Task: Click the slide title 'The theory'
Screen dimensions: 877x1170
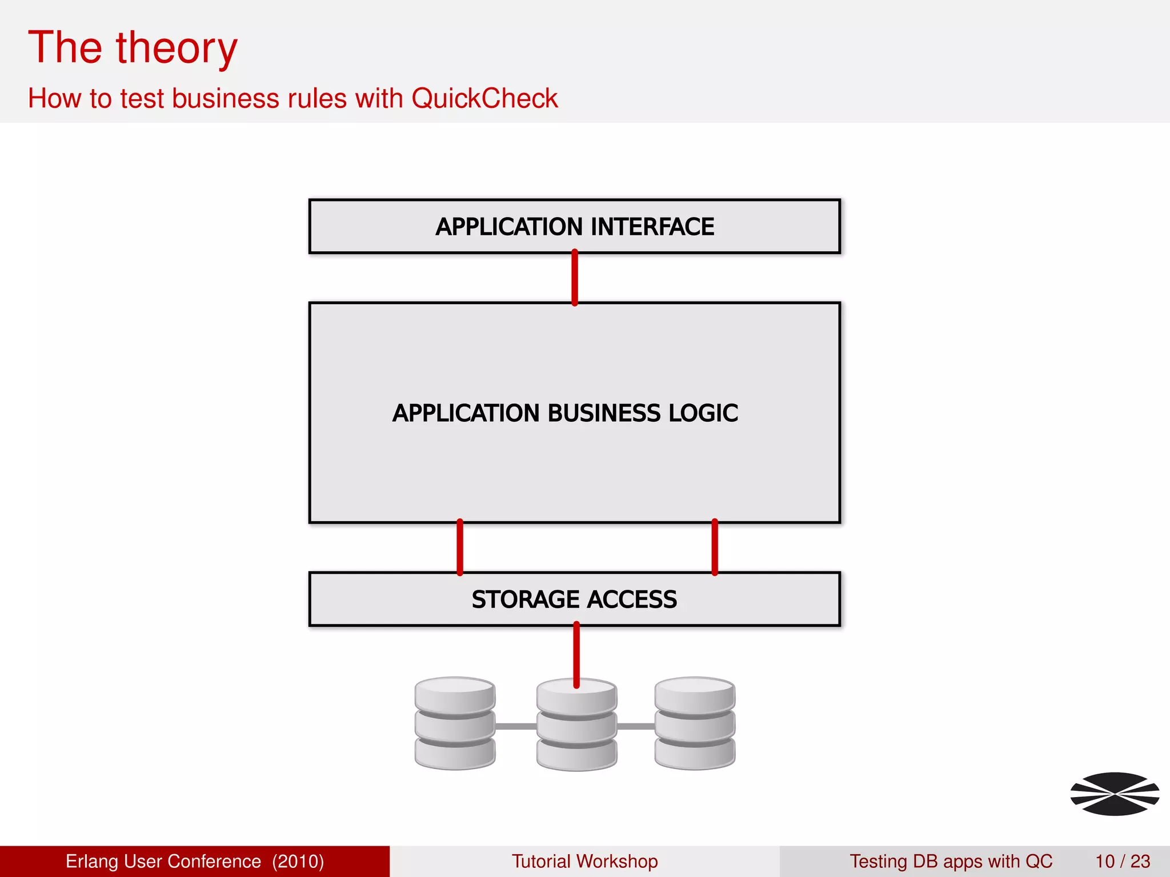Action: (x=133, y=48)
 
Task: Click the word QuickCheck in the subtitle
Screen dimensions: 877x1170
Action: (x=484, y=98)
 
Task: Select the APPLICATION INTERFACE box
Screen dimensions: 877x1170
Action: (x=574, y=227)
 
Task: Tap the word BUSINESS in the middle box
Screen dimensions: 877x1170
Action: (x=604, y=413)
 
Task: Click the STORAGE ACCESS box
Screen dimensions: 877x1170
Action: (x=574, y=600)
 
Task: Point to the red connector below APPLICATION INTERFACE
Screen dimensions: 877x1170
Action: (x=575, y=278)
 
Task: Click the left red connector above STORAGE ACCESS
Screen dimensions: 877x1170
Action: (x=460, y=548)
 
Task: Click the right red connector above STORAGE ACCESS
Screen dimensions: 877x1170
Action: (x=715, y=548)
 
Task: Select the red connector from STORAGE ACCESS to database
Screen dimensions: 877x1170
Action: (x=576, y=655)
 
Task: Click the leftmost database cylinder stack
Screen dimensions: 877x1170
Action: (x=455, y=723)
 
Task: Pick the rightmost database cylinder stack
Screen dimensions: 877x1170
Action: (x=695, y=723)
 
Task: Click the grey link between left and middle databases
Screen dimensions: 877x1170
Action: (x=515, y=726)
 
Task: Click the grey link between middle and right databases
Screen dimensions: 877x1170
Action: (x=636, y=726)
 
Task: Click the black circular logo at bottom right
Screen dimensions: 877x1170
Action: (x=1115, y=794)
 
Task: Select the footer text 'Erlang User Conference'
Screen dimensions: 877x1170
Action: (x=163, y=861)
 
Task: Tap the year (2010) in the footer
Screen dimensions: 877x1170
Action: (x=298, y=861)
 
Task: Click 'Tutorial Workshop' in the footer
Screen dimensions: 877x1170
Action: (x=584, y=861)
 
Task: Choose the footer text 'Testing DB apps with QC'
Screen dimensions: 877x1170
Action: (x=951, y=861)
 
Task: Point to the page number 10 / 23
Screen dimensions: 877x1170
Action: (x=1123, y=861)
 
